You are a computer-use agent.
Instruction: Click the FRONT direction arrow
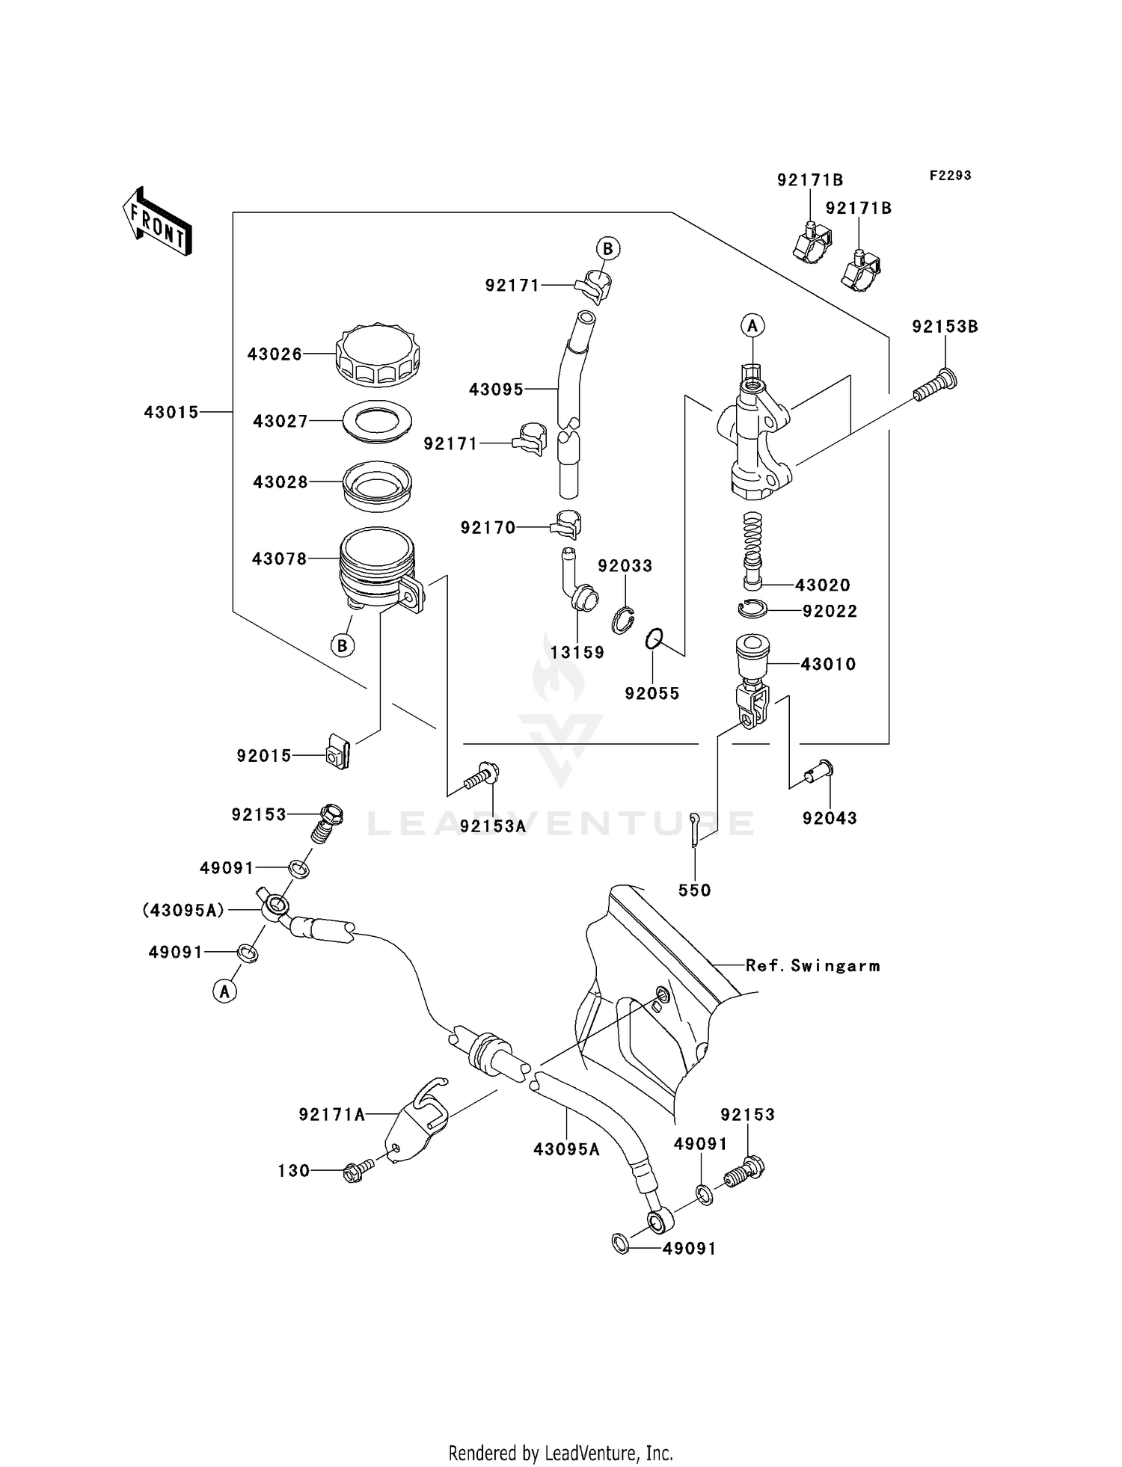(x=158, y=222)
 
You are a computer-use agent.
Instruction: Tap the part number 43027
(x=280, y=422)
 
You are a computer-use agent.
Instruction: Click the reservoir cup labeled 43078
(x=376, y=568)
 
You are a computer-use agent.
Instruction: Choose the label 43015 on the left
(x=171, y=412)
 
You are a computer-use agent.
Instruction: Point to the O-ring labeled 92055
(x=654, y=639)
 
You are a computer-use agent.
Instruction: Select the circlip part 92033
(x=622, y=621)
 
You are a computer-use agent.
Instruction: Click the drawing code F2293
(x=950, y=176)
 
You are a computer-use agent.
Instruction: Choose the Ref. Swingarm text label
(x=812, y=965)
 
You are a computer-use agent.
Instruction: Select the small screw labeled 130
(x=360, y=1170)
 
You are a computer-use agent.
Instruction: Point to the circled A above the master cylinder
(x=753, y=325)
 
